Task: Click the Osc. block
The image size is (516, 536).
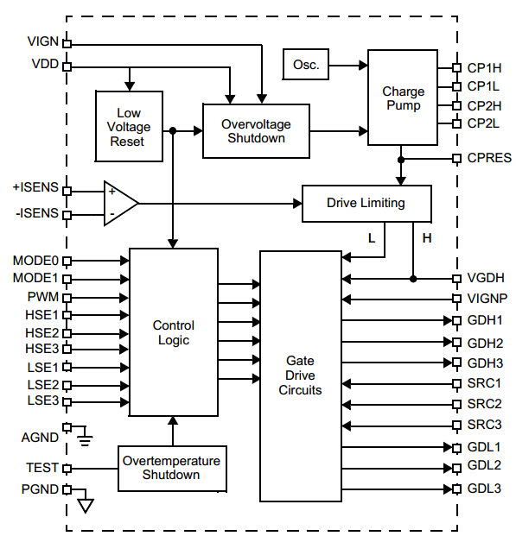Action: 306,64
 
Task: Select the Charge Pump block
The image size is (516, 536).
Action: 403,98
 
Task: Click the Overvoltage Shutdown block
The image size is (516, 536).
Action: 256,131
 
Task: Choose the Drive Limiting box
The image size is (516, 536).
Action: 366,203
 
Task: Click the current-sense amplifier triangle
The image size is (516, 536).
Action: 119,204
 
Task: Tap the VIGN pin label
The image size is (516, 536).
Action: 43,41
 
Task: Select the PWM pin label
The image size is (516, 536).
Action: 43,296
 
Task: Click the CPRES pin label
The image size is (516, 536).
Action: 488,158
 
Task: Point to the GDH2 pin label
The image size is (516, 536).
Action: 484,343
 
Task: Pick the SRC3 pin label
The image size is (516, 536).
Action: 484,425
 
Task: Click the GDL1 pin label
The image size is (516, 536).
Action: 484,447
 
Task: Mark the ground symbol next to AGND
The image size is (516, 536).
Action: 84,439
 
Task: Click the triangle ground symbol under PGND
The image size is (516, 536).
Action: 85,504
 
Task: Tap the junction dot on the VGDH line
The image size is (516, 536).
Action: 413,279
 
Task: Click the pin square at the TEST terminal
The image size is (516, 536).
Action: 67,469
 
